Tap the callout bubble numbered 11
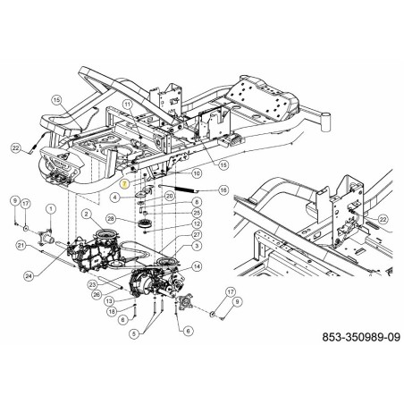pyautogui.click(x=128, y=105)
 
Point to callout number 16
pyautogui.click(x=223, y=189)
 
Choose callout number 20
pyautogui.click(x=169, y=195)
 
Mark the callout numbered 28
pyautogui.click(x=111, y=218)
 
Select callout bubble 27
pyautogui.click(x=197, y=234)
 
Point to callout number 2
pyautogui.click(x=85, y=215)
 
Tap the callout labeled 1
pyautogui.click(x=51, y=208)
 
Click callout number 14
pyautogui.click(x=197, y=266)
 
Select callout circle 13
pyautogui.click(x=109, y=301)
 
